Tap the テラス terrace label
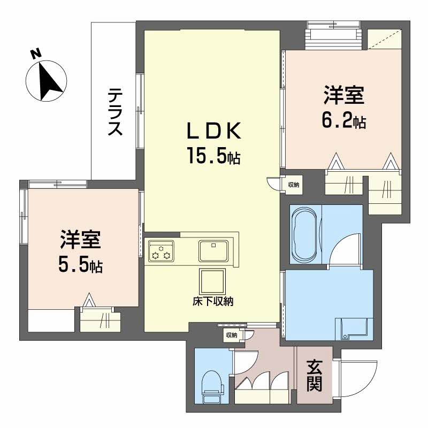[x=114, y=112]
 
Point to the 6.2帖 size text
[x=343, y=122]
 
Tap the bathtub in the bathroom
[x=304, y=233]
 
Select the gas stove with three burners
[x=162, y=250]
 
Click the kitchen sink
[x=214, y=249]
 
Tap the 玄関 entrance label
[x=314, y=376]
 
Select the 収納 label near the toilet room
[x=231, y=335]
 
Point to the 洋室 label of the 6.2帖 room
[x=343, y=96]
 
